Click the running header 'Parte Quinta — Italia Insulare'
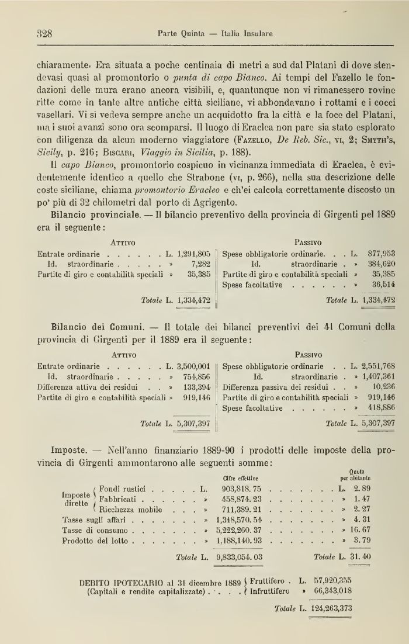215,34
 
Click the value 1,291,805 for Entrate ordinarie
193,254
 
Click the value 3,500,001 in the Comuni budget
193,367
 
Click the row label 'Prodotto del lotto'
92,524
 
